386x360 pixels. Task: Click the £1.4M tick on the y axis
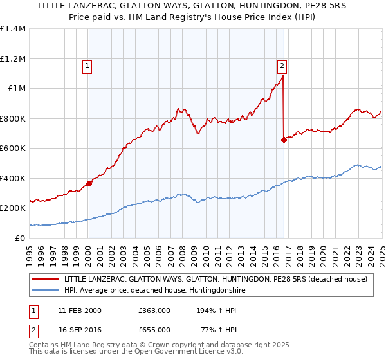(x=13, y=29)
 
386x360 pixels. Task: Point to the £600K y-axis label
(x=13, y=148)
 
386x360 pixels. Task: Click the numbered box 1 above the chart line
(x=87, y=64)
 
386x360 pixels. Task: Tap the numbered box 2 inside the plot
(x=282, y=64)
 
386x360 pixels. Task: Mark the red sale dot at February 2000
(x=89, y=183)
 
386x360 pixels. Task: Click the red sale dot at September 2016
(x=284, y=139)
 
